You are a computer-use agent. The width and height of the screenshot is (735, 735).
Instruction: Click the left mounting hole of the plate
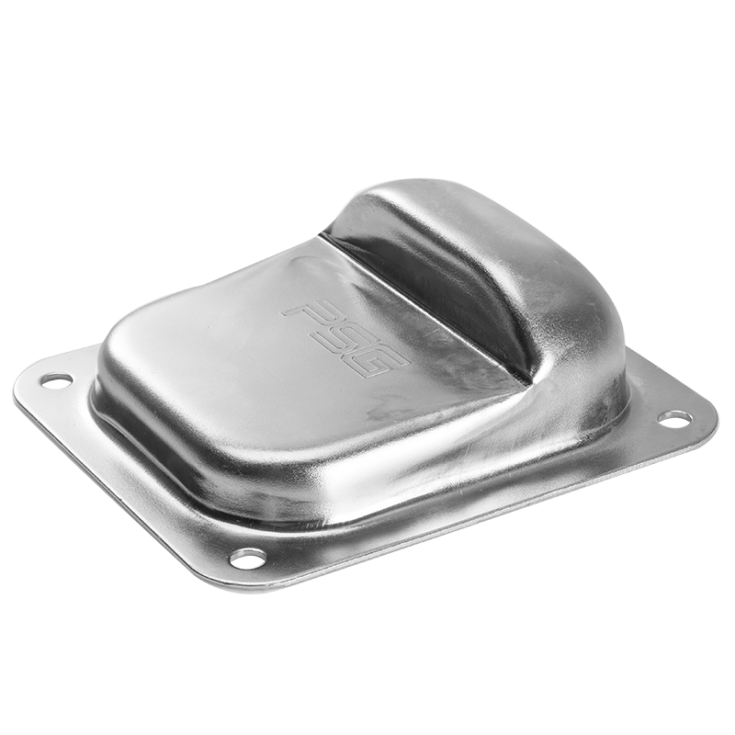[x=57, y=379]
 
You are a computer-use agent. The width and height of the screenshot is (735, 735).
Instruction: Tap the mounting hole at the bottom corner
[x=248, y=558]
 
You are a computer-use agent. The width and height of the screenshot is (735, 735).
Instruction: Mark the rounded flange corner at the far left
[x=21, y=389]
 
